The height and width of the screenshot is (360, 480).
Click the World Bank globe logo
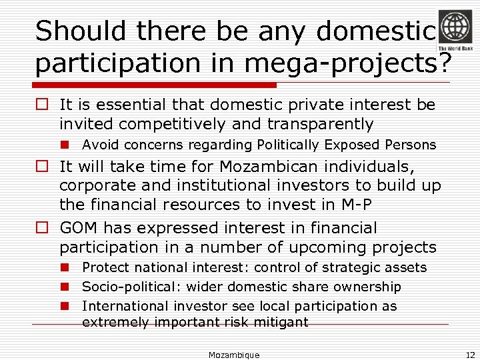click(x=455, y=27)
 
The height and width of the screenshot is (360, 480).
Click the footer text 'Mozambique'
click(x=233, y=355)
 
